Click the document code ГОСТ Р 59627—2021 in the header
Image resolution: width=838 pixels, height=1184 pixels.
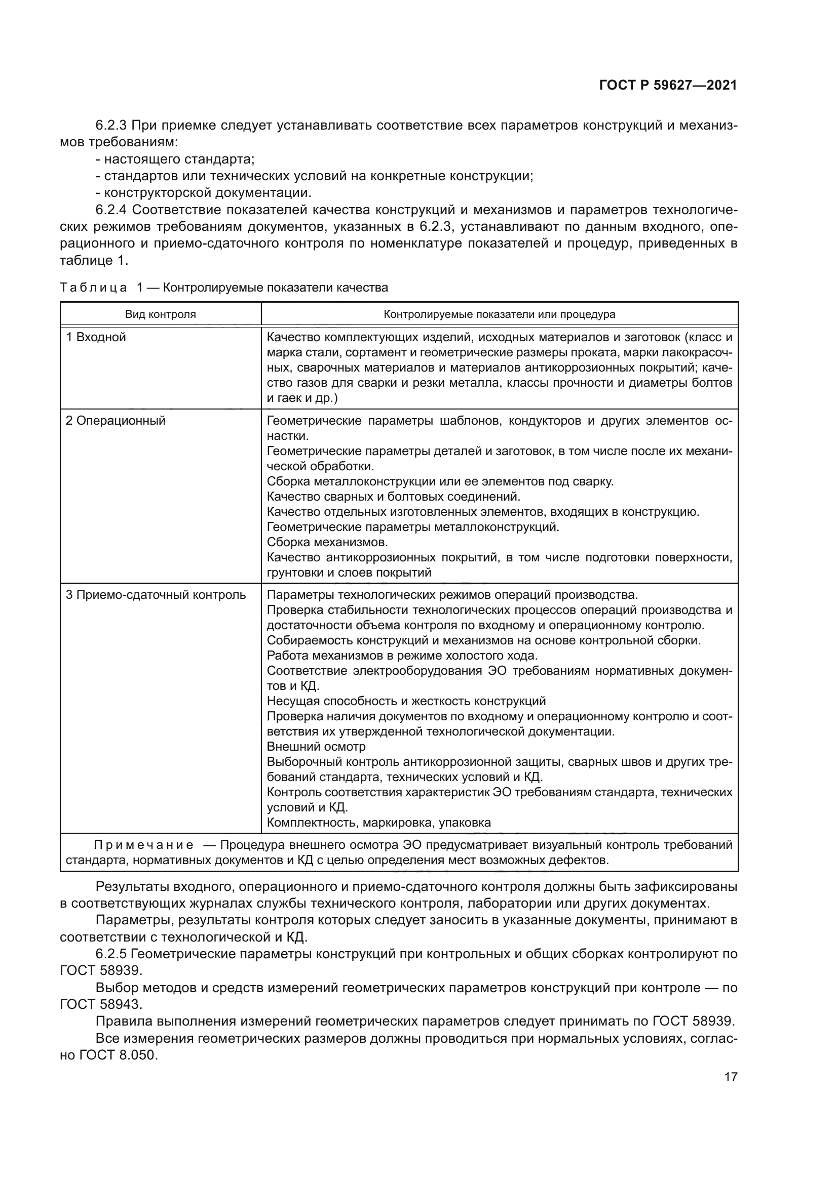[668, 85]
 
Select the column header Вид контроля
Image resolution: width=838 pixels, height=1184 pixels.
[161, 314]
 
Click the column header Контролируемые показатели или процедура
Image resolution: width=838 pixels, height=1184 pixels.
[499, 314]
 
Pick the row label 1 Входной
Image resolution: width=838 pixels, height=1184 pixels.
[96, 337]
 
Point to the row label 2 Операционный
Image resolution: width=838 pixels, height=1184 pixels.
[116, 421]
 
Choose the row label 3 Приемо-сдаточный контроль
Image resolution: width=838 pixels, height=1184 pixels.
[156, 595]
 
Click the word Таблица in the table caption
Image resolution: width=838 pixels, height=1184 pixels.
[93, 288]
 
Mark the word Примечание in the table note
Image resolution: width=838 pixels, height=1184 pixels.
[143, 845]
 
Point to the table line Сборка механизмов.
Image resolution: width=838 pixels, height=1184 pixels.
[327, 542]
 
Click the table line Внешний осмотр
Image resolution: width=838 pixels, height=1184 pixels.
[316, 747]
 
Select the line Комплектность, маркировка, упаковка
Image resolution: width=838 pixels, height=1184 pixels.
[379, 823]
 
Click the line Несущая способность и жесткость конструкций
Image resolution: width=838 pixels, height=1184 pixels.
[406, 701]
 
